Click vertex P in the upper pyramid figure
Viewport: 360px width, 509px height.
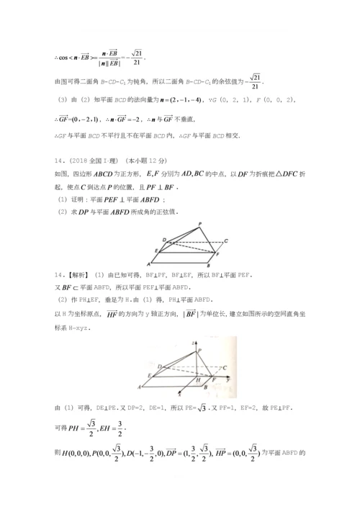(x=199, y=224)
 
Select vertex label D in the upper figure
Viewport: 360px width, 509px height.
(x=163, y=238)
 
